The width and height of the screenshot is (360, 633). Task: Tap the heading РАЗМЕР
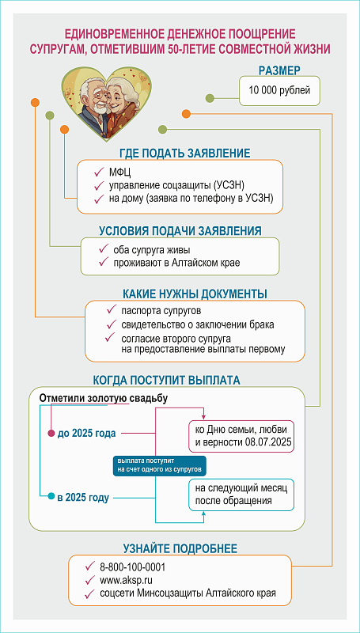pyautogui.click(x=279, y=70)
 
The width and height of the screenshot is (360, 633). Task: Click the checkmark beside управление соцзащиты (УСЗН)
pyautogui.click(x=98, y=185)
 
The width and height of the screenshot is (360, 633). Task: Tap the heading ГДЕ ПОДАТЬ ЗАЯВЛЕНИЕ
pyautogui.click(x=185, y=154)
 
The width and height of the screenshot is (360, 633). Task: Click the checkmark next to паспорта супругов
pyautogui.click(x=111, y=310)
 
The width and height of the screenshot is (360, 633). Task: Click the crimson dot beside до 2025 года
pyautogui.click(x=51, y=433)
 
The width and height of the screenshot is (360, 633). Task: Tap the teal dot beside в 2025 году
pyautogui.click(x=51, y=497)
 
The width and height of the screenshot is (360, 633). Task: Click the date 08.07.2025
pyautogui.click(x=267, y=442)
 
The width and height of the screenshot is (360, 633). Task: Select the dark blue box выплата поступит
pyautogui.click(x=159, y=466)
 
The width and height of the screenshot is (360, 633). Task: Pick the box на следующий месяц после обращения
pyautogui.click(x=241, y=495)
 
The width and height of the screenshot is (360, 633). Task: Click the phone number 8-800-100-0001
pyautogui.click(x=133, y=567)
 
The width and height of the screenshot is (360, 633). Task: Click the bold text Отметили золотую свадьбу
pyautogui.click(x=104, y=398)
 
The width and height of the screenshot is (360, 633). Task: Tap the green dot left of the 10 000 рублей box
pyautogui.click(x=210, y=98)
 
